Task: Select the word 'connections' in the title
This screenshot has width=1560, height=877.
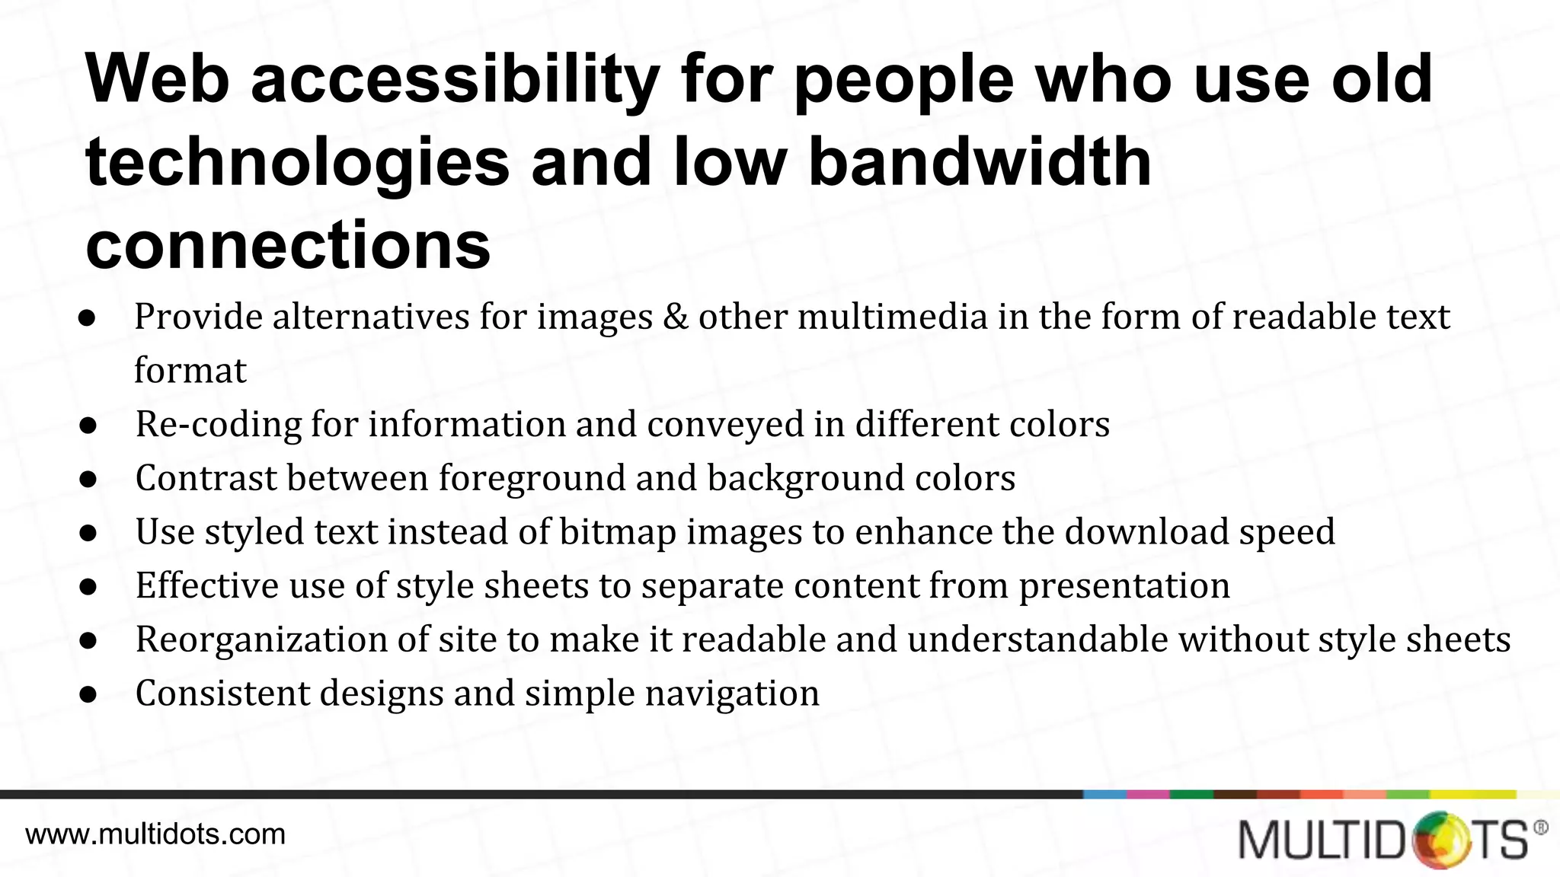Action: pos(288,244)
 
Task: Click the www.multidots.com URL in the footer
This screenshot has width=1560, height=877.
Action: pos(155,834)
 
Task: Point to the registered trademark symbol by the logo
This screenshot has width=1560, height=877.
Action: pos(1540,828)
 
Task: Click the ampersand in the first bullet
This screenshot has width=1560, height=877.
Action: pos(676,317)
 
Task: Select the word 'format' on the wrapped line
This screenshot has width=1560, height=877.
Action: pos(190,371)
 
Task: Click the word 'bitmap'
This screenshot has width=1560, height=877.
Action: pos(618,532)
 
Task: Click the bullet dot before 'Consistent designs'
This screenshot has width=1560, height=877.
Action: pos(88,694)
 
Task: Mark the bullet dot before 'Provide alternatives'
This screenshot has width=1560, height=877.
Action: pos(88,318)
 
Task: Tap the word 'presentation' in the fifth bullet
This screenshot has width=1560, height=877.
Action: pos(1124,585)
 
